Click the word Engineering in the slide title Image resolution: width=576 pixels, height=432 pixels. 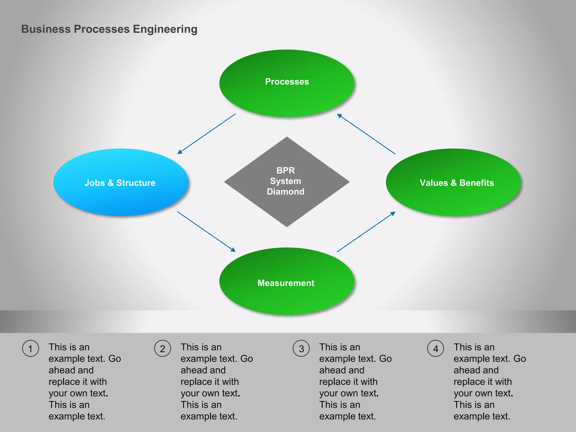(165, 29)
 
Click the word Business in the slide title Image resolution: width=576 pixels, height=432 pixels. (46, 29)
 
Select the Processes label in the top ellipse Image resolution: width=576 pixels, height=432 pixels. (287, 82)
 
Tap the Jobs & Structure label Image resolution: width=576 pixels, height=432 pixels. (120, 183)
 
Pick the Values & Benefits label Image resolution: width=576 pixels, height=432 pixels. (457, 183)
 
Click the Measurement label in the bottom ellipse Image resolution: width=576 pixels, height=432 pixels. (286, 283)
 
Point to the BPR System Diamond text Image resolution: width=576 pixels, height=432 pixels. (285, 181)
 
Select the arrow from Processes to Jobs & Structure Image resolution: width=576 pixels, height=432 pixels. (207, 134)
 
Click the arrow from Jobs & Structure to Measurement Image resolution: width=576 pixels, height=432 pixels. (206, 231)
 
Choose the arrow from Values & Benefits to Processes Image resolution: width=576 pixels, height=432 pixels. (366, 134)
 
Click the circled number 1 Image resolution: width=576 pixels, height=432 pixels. (30, 349)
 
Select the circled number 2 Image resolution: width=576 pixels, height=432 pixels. (163, 349)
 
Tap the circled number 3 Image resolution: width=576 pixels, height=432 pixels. (301, 349)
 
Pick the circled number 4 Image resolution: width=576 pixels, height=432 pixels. (436, 349)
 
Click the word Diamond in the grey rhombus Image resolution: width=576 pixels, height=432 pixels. (285, 192)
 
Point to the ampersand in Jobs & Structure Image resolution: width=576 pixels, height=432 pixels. (111, 183)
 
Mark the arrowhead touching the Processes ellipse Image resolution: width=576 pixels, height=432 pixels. (340, 116)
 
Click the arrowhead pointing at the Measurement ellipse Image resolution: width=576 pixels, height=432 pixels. (233, 249)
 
